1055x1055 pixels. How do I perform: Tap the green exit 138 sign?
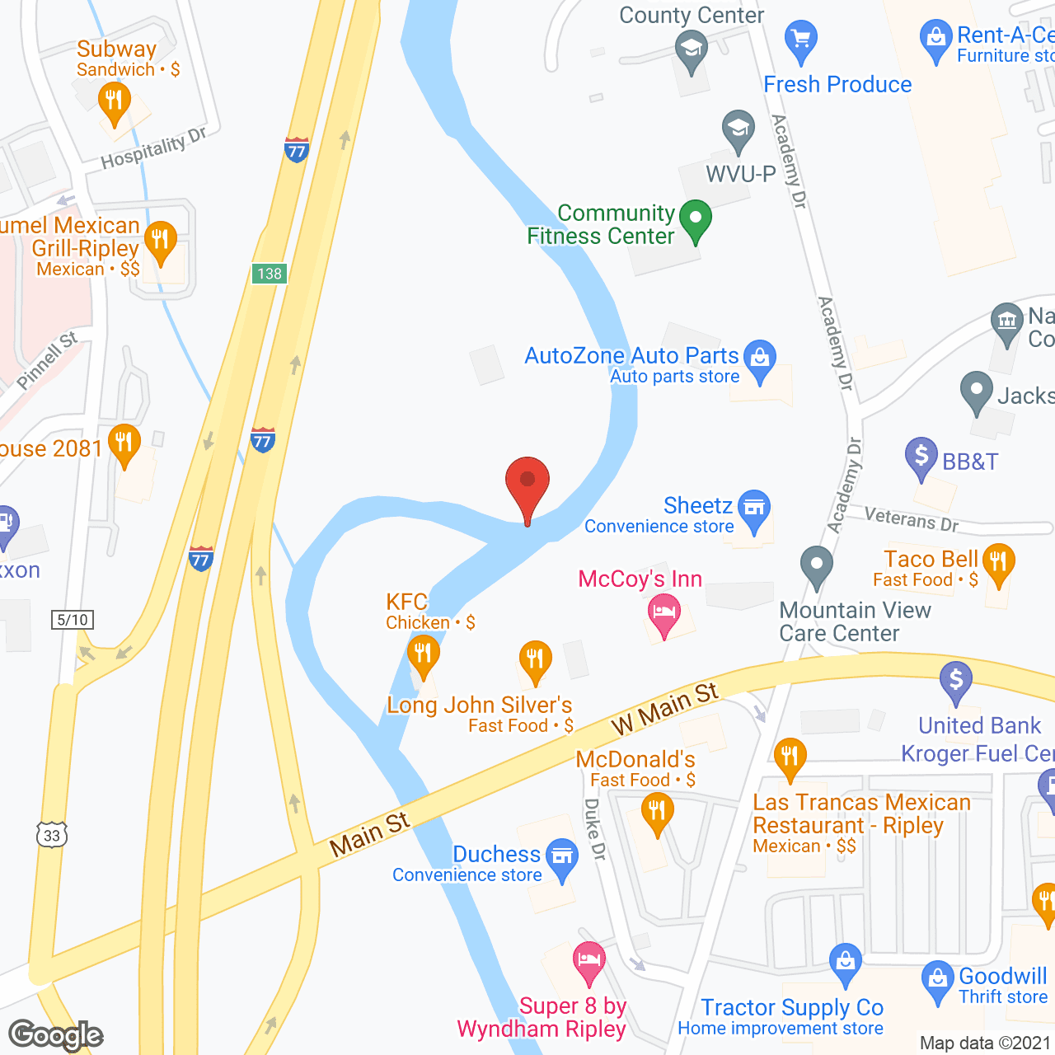270,274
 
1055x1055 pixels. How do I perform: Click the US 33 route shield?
51,835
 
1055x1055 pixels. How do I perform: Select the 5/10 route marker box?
73,620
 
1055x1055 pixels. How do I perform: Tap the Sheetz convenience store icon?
754,509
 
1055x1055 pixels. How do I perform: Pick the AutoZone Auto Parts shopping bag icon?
760,359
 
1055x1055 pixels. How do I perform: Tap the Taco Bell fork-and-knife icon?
999,563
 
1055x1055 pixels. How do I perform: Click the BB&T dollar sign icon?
921,456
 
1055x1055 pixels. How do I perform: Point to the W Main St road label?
664,708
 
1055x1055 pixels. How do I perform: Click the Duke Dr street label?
595,829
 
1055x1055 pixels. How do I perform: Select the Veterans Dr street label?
911,519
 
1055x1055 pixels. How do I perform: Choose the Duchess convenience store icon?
562,857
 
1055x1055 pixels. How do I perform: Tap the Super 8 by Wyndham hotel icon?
588,961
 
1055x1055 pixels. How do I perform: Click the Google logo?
56,1035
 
